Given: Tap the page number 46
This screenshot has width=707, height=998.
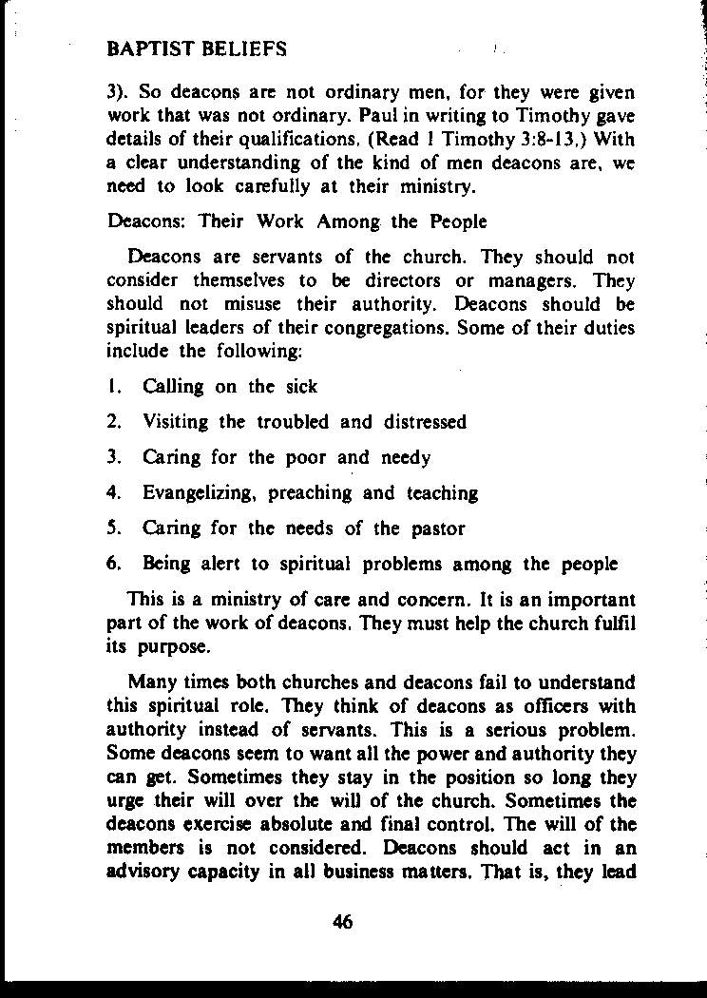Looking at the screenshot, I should pyautogui.click(x=343, y=920).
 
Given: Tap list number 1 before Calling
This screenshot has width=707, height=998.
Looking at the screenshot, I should pyautogui.click(x=112, y=387).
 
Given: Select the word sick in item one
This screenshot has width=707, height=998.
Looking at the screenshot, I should pyautogui.click(x=301, y=387).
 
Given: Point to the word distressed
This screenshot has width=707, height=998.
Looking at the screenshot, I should pyautogui.click(x=425, y=422).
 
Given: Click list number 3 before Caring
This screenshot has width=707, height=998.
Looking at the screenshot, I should pyautogui.click(x=112, y=457).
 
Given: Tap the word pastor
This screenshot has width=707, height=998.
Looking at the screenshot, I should pyautogui.click(x=439, y=528).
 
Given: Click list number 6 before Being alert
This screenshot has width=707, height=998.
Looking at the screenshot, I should pyautogui.click(x=112, y=564).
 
